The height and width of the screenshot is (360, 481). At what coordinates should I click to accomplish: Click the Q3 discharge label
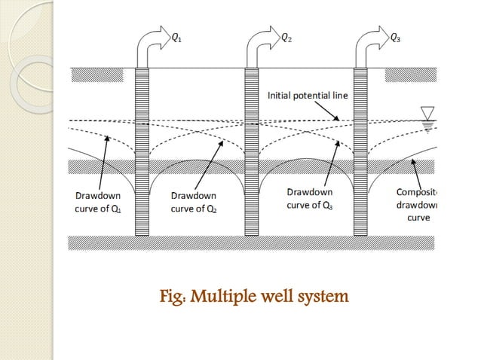pos(395,35)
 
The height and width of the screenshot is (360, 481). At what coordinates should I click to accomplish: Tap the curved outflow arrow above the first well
pos(149,47)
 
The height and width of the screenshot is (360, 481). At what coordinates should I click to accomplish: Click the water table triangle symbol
pos(430,114)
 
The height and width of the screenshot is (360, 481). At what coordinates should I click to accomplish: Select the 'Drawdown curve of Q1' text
pos(97,202)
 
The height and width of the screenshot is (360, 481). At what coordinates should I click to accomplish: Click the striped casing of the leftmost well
pos(142,151)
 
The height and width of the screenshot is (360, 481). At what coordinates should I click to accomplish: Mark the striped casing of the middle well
pos(252,151)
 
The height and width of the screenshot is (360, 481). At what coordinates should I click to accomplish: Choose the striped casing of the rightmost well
pos(362,151)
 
